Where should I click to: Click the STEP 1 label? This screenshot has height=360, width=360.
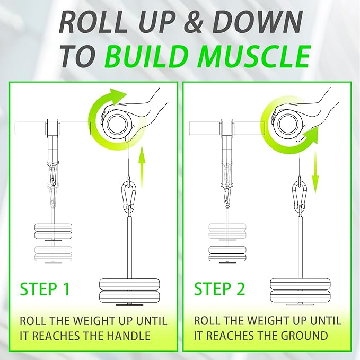[x=45, y=289]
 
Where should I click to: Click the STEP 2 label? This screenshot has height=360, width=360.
[x=219, y=289]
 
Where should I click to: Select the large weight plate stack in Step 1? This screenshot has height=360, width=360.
[x=129, y=289]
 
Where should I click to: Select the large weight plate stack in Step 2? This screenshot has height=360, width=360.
[x=301, y=289]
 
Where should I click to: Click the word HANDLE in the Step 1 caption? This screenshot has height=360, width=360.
[x=132, y=335]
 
